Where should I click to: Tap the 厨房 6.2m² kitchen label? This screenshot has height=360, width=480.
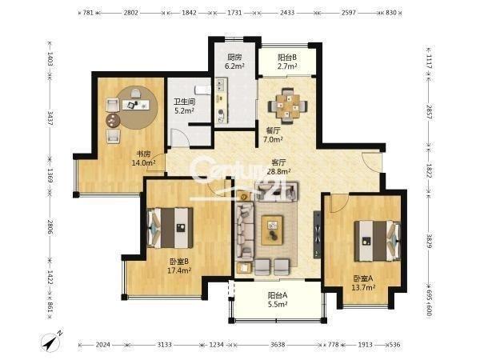tap(234, 62)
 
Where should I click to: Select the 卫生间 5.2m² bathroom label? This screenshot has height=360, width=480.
tap(184, 106)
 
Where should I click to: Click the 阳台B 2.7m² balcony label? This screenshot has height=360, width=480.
tap(287, 62)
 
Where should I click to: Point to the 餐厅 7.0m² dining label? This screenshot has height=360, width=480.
tap(273, 135)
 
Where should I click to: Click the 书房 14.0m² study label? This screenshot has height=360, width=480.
tap(143, 158)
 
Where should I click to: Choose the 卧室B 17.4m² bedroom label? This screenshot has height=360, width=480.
tap(179, 266)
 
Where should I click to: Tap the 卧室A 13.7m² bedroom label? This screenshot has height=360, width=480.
tap(363, 283)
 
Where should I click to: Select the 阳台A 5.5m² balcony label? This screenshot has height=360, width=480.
tap(278, 300)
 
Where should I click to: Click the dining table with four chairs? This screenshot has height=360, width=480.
tap(288, 106)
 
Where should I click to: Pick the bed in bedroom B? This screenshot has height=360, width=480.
tap(170, 228)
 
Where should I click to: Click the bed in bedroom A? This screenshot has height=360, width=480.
tap(378, 241)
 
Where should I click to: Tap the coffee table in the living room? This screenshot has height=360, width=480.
tap(272, 230)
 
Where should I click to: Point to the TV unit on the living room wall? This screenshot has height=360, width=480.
tap(317, 234)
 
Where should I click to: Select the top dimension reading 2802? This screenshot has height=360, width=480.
tap(131, 13)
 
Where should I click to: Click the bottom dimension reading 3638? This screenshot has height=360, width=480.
tap(278, 345)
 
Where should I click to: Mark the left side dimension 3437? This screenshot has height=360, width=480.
tap(50, 118)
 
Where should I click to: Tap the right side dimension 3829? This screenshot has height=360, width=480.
tap(429, 241)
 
